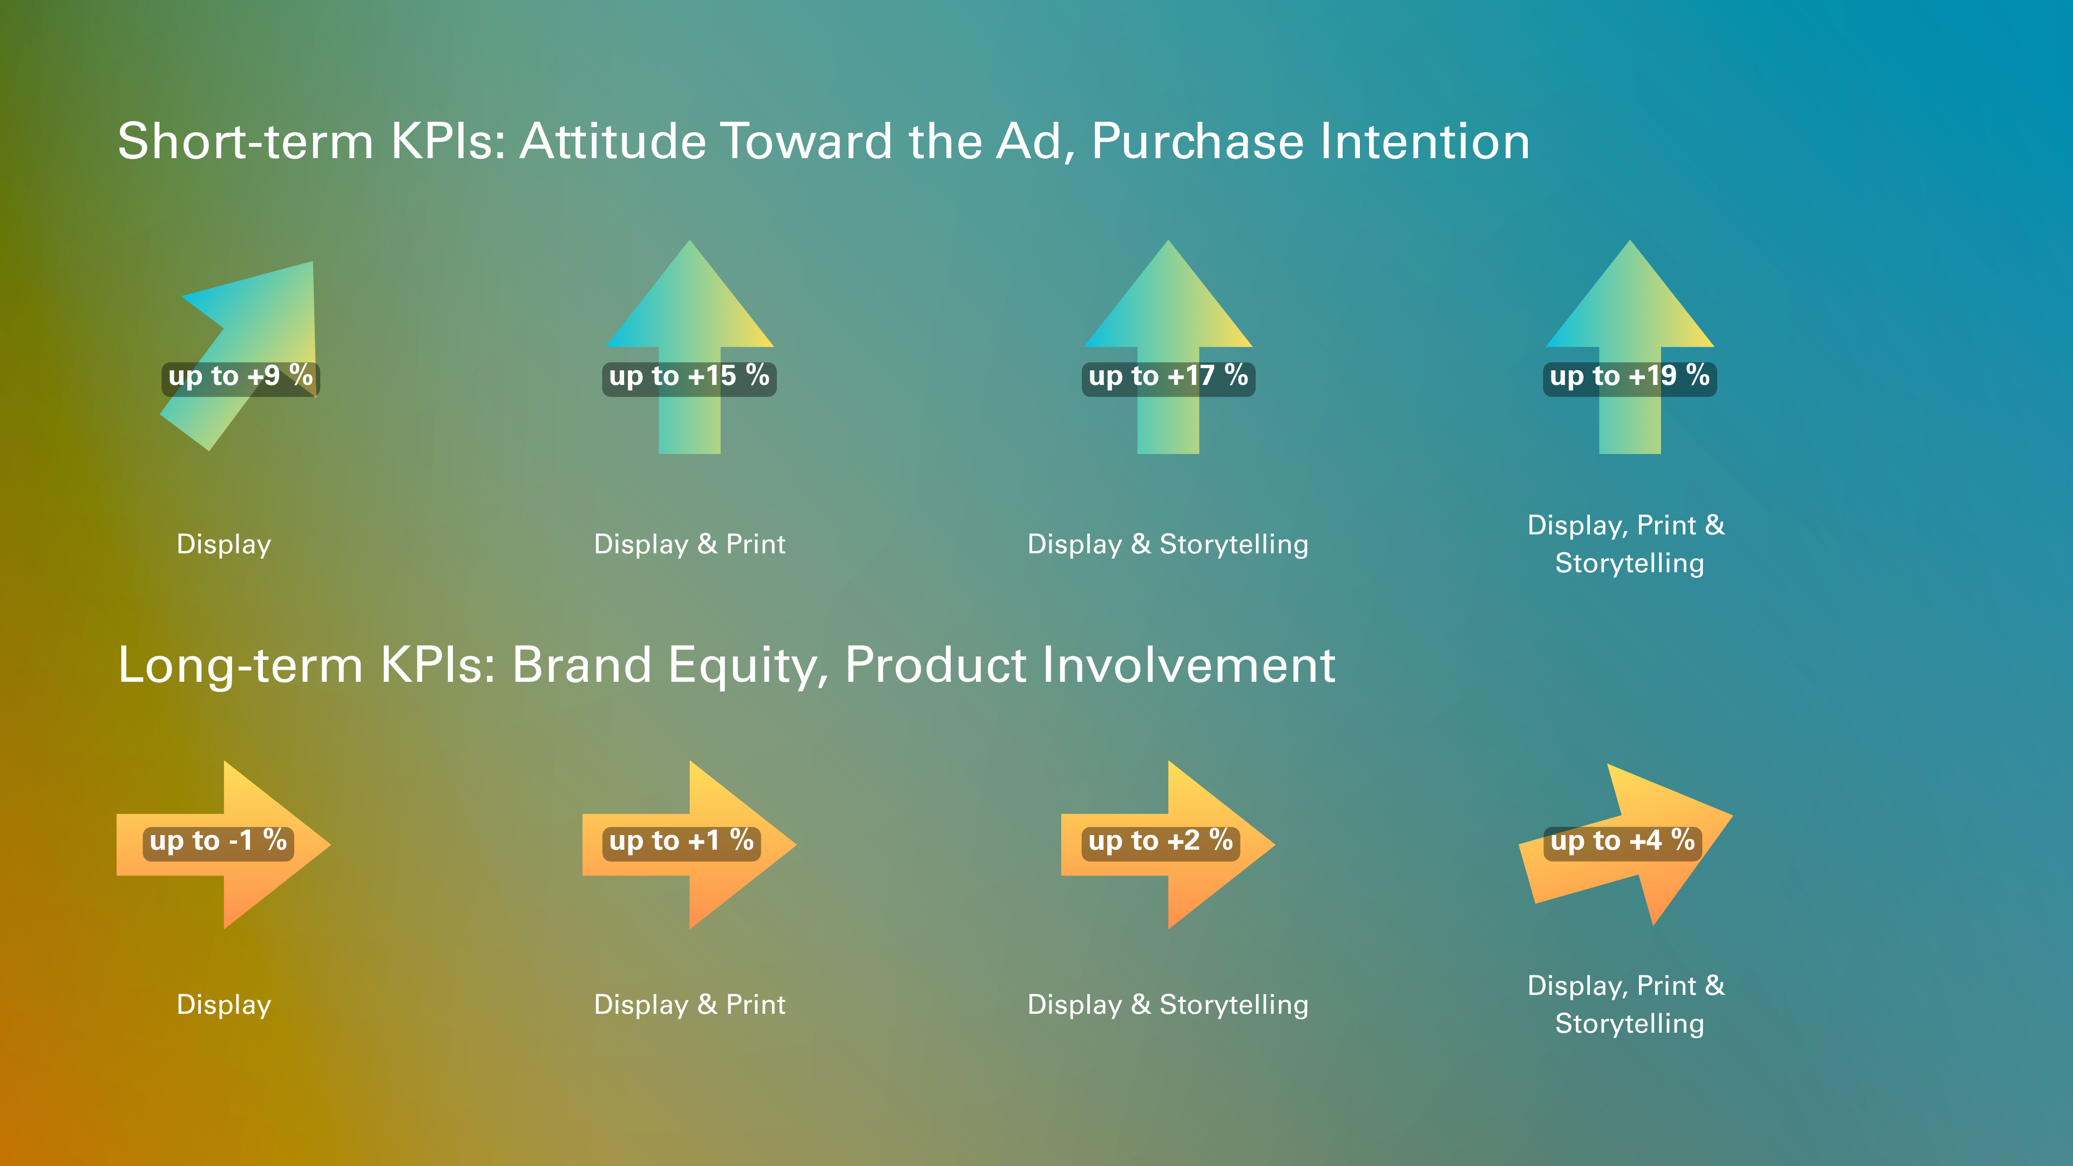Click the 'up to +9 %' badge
tap(241, 377)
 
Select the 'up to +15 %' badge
tap(690, 377)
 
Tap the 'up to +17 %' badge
tap(1168, 377)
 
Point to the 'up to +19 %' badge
tap(1630, 377)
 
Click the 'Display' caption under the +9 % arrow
tap(223, 545)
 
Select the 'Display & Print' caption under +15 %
tap(690, 544)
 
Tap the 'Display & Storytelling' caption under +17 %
tap(1168, 545)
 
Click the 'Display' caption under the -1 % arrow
tap(223, 1005)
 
